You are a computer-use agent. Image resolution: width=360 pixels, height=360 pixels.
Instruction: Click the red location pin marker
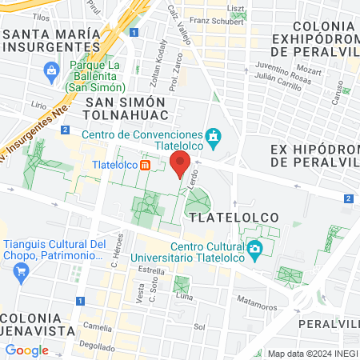click(179, 166)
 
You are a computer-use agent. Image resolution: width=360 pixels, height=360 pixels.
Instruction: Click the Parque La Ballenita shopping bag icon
click(52, 70)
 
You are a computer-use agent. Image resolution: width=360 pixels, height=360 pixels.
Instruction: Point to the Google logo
click(26, 350)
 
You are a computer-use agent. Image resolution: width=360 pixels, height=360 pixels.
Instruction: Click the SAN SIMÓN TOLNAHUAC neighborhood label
click(125, 110)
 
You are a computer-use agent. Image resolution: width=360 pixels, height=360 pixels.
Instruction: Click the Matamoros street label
click(257, 300)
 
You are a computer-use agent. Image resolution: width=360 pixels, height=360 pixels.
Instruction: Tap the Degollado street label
click(96, 346)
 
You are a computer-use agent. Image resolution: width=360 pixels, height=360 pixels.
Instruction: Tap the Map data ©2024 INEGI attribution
click(310, 354)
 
